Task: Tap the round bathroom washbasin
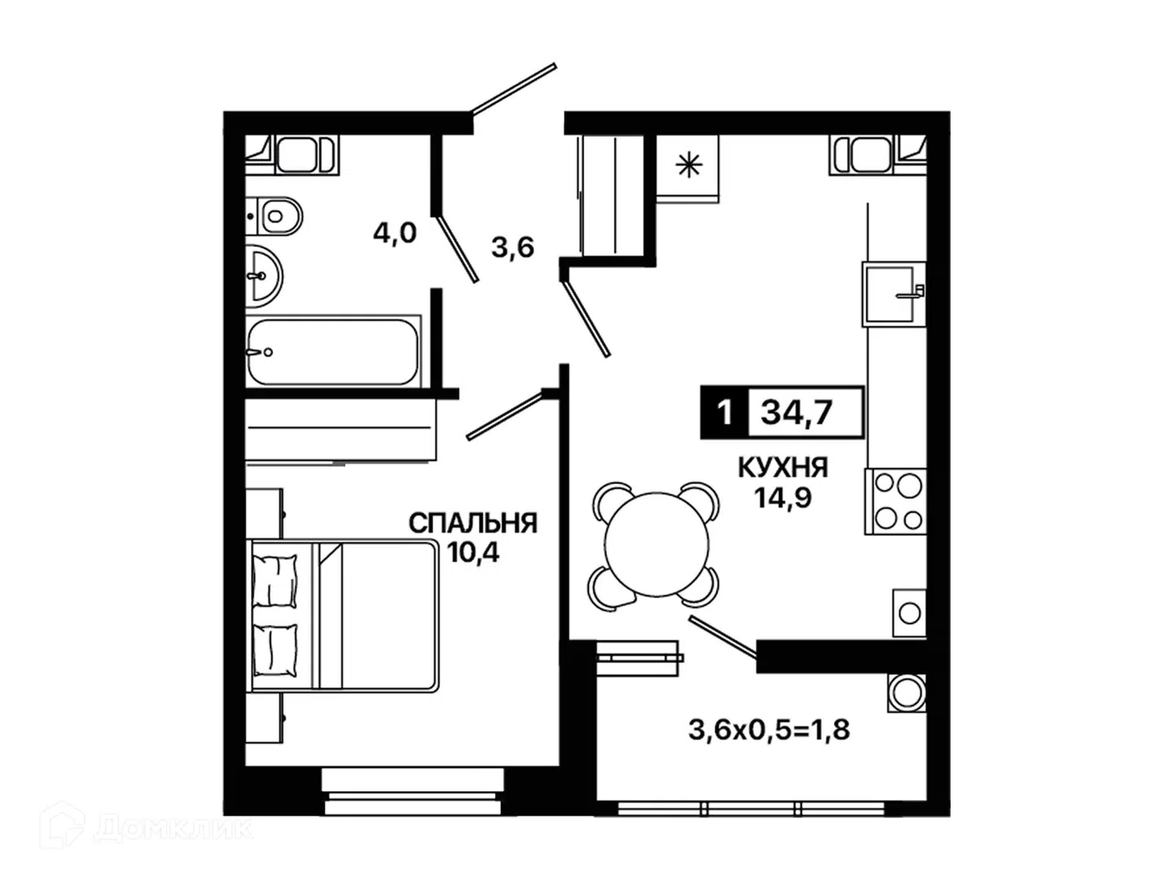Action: pyautogui.click(x=264, y=276)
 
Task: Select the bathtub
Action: pyautogui.click(x=333, y=351)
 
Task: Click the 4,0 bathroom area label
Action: pyautogui.click(x=394, y=234)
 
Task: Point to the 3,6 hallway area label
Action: pyautogui.click(x=512, y=248)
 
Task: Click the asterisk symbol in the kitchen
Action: pyautogui.click(x=688, y=165)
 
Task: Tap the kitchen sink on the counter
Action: pyautogui.click(x=894, y=294)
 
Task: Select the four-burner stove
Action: pyautogui.click(x=895, y=501)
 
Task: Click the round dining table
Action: pyautogui.click(x=657, y=545)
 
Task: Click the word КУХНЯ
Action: pyautogui.click(x=783, y=468)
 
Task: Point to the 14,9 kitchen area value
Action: pyautogui.click(x=783, y=498)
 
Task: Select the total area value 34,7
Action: pyautogui.click(x=797, y=412)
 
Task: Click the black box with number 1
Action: pyautogui.click(x=724, y=412)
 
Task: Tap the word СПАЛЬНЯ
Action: pyautogui.click(x=472, y=523)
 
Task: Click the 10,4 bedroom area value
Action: pyautogui.click(x=473, y=552)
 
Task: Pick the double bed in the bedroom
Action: pyautogui.click(x=344, y=617)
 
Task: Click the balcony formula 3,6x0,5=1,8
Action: pyautogui.click(x=768, y=730)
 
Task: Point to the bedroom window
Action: pyautogui.click(x=413, y=799)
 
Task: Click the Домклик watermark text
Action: pyautogui.click(x=174, y=829)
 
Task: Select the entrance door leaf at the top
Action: pyautogui.click(x=513, y=89)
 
